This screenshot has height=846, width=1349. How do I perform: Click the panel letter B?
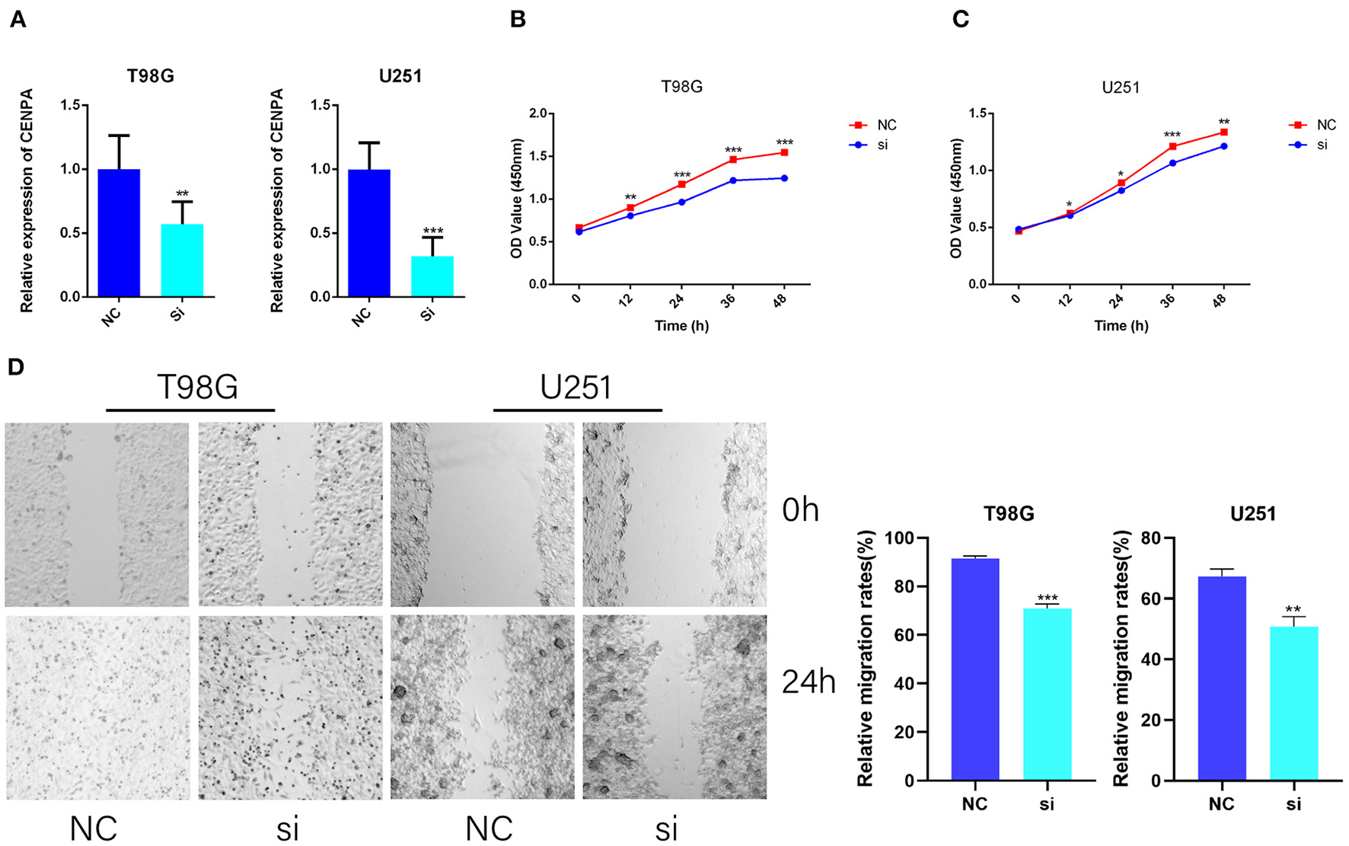click(x=518, y=19)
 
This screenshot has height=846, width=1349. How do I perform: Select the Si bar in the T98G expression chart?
click(x=182, y=260)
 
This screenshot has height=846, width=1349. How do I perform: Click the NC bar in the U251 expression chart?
click(x=369, y=232)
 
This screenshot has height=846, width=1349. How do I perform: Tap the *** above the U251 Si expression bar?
click(x=432, y=231)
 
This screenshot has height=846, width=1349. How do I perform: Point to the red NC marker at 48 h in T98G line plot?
click(x=784, y=153)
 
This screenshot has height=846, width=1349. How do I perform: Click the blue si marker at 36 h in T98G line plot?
click(x=733, y=180)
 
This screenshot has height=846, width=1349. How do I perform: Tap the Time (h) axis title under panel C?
click(x=1121, y=326)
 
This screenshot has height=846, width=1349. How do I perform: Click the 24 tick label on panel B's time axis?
click(x=678, y=301)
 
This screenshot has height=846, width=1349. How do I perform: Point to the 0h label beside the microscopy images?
click(x=800, y=511)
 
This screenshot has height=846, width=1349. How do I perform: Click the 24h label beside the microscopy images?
click(x=808, y=683)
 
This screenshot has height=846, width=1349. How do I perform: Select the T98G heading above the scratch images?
click(x=197, y=387)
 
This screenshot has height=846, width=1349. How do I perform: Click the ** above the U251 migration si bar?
click(x=1293, y=610)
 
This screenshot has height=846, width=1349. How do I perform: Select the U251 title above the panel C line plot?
click(x=1121, y=88)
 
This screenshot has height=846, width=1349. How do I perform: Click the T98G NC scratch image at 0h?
click(x=97, y=515)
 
